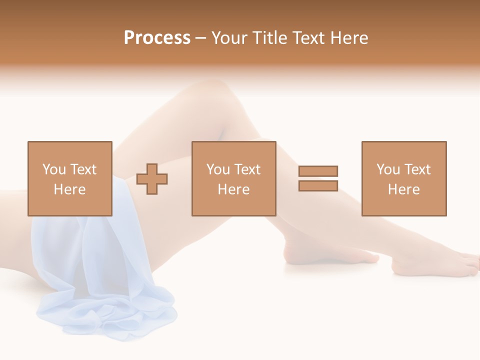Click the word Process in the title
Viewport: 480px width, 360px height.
tap(157, 37)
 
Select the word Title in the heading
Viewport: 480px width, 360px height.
tap(270, 37)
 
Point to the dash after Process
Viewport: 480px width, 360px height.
tap(200, 38)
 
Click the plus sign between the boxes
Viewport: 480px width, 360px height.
tap(152, 179)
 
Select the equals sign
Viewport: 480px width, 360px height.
tap(318, 178)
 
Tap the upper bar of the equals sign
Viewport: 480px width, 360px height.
tap(318, 171)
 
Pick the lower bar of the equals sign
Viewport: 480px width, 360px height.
tap(318, 185)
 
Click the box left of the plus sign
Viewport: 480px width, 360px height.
tap(69, 178)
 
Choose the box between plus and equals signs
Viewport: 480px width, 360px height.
tap(233, 178)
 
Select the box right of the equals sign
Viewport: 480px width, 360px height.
tap(403, 178)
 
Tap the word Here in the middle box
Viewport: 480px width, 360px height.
tap(233, 189)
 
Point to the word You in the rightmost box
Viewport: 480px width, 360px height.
tap(388, 169)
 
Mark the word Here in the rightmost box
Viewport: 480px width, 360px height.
tap(403, 189)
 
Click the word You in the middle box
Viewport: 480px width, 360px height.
tap(218, 169)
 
